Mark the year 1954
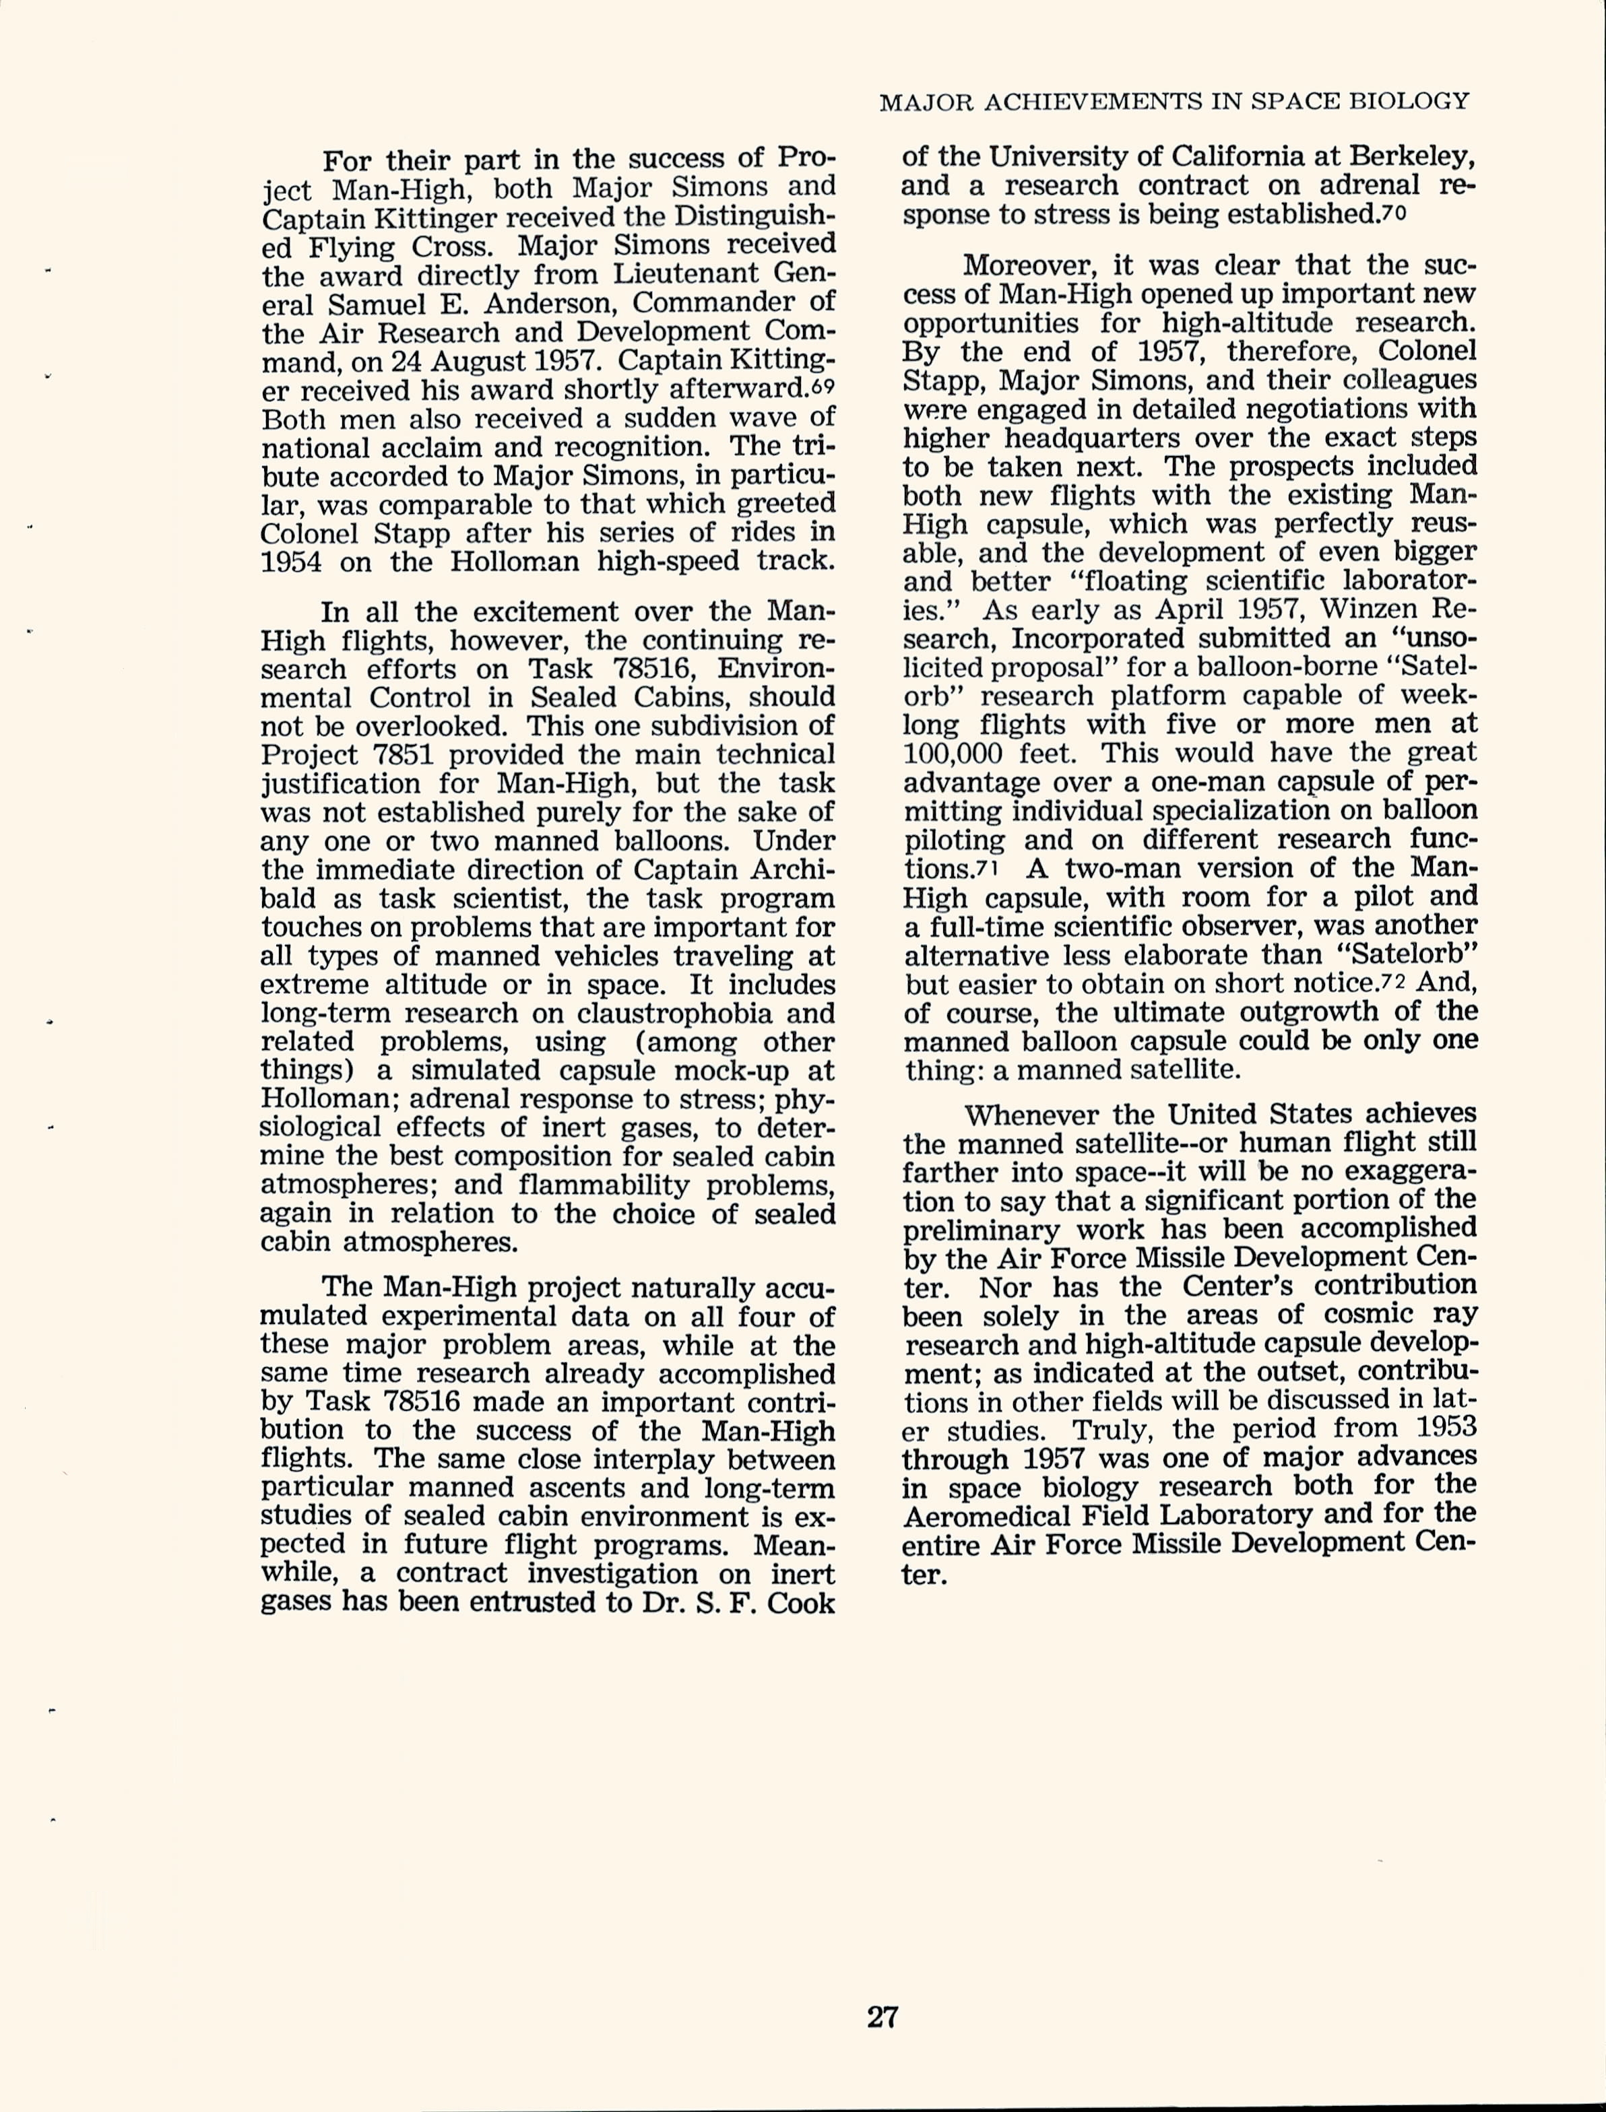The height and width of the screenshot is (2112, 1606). [290, 561]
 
